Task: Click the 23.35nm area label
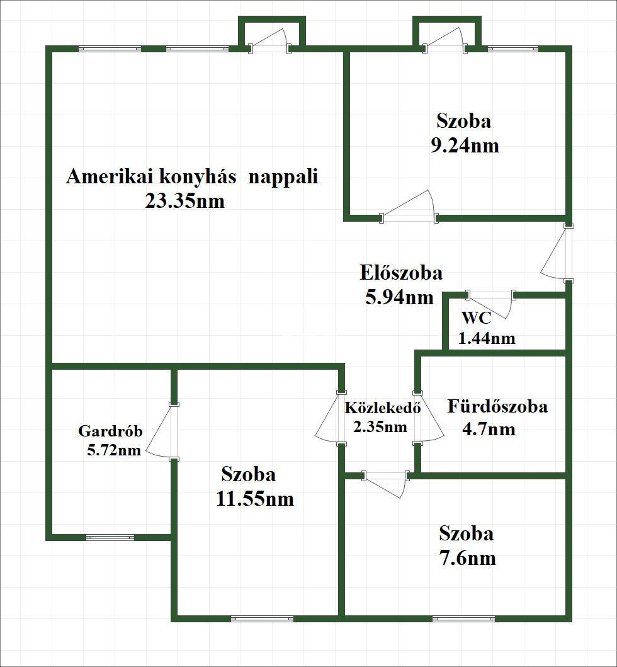click(x=184, y=202)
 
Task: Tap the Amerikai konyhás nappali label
click(x=192, y=176)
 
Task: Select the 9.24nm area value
click(x=465, y=145)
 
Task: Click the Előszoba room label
click(x=401, y=273)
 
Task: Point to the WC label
click(x=477, y=317)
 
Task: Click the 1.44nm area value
click(x=487, y=338)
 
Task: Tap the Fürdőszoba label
click(x=497, y=406)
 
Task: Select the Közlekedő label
click(x=382, y=407)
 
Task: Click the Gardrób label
click(x=110, y=431)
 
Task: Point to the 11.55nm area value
click(x=255, y=499)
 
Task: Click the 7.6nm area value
click(x=467, y=558)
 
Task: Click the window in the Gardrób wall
click(x=110, y=537)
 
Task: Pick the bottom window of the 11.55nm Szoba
click(x=262, y=619)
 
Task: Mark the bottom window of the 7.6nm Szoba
click(x=459, y=619)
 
